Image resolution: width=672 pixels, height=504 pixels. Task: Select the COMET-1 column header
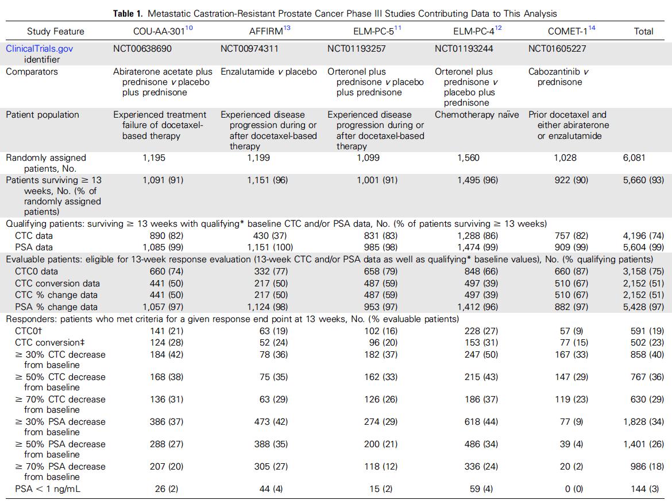tap(561, 31)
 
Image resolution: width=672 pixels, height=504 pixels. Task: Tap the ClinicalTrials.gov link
tap(40, 49)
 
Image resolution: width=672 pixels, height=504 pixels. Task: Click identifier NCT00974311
tap(249, 49)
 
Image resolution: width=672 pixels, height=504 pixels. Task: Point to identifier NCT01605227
tap(557, 49)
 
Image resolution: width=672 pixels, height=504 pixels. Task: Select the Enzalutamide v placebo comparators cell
tap(269, 72)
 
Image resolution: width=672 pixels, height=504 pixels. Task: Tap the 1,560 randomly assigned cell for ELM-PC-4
tap(468, 158)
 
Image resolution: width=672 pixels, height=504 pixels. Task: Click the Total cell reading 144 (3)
tap(647, 489)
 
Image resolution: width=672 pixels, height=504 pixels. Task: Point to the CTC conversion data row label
tap(57, 284)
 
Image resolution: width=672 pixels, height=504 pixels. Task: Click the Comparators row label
tap(32, 72)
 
